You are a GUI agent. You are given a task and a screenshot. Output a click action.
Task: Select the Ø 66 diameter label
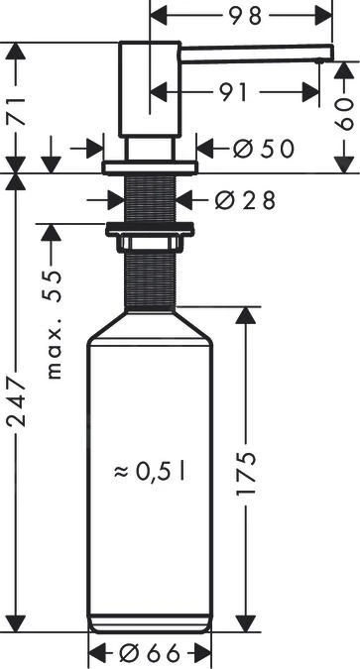[x=151, y=654]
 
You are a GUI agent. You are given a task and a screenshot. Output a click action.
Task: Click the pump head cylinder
[x=149, y=89]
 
